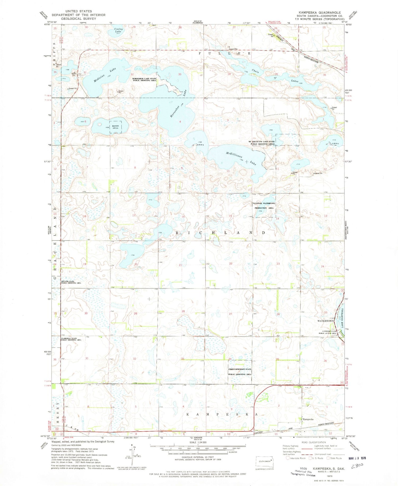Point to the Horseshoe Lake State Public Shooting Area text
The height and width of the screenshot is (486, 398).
pos(144,80)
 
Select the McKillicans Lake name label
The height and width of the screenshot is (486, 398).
pos(241,159)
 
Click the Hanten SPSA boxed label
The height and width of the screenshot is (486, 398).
pos(115,127)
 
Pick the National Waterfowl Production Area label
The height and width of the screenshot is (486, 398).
pos(264,206)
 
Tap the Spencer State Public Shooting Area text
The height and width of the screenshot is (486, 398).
pos(71,282)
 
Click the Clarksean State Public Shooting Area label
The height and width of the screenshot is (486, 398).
pos(71,339)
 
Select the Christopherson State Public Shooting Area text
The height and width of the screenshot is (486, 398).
pos(240,372)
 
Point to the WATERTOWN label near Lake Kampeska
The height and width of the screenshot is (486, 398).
pos(326,321)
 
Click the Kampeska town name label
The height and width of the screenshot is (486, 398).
pos(308,419)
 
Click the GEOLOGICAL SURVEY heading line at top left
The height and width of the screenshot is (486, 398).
pos(79,19)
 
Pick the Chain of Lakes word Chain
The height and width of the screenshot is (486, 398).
pos(255,71)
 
